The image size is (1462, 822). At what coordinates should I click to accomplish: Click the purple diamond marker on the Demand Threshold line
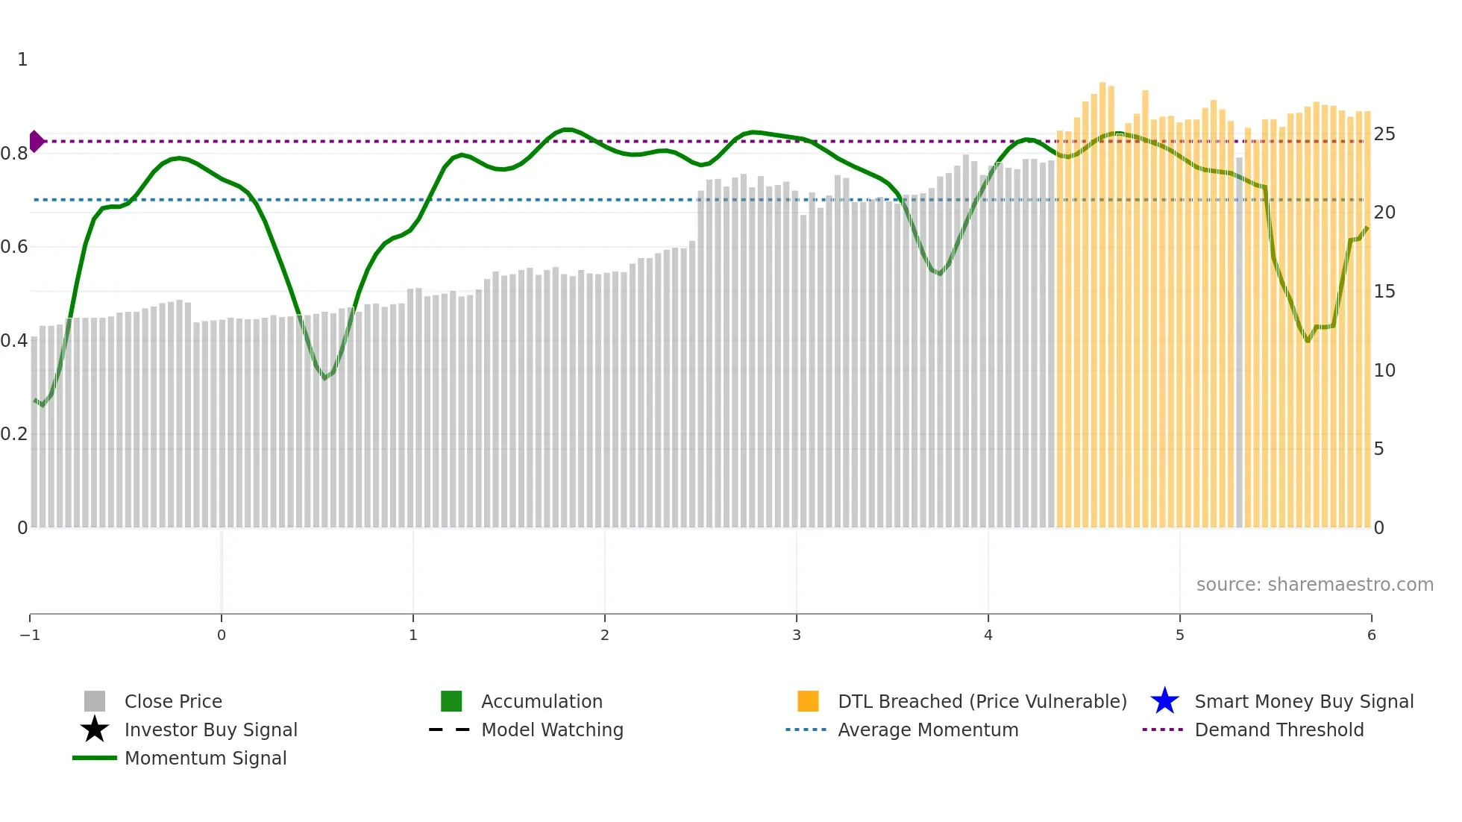point(37,141)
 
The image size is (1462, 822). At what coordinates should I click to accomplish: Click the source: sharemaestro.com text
point(1314,584)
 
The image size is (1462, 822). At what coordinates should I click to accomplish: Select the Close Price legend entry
point(173,701)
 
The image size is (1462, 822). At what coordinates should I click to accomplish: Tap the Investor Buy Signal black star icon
point(95,730)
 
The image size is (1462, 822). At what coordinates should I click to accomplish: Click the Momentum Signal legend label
point(205,758)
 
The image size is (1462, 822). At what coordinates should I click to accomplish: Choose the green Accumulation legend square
point(451,701)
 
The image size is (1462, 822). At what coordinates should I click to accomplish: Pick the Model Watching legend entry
point(552,730)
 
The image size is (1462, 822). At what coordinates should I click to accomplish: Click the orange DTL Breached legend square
point(808,701)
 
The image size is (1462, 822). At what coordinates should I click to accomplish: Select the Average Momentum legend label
point(928,730)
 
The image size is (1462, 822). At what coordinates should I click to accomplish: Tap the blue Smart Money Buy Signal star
point(1164,701)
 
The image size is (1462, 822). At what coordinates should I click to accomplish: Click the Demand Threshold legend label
point(1279,730)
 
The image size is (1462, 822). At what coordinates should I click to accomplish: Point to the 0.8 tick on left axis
point(14,154)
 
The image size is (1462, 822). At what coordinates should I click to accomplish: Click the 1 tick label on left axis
point(22,60)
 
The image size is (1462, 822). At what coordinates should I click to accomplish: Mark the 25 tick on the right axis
point(1384,134)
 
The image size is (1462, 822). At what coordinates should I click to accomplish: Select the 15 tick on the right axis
point(1384,292)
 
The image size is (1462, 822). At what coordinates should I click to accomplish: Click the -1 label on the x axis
point(30,635)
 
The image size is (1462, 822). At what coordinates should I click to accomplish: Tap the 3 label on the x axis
point(797,635)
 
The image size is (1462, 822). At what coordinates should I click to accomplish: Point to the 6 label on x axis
point(1371,635)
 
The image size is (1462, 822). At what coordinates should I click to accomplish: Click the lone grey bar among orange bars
point(1239,343)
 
